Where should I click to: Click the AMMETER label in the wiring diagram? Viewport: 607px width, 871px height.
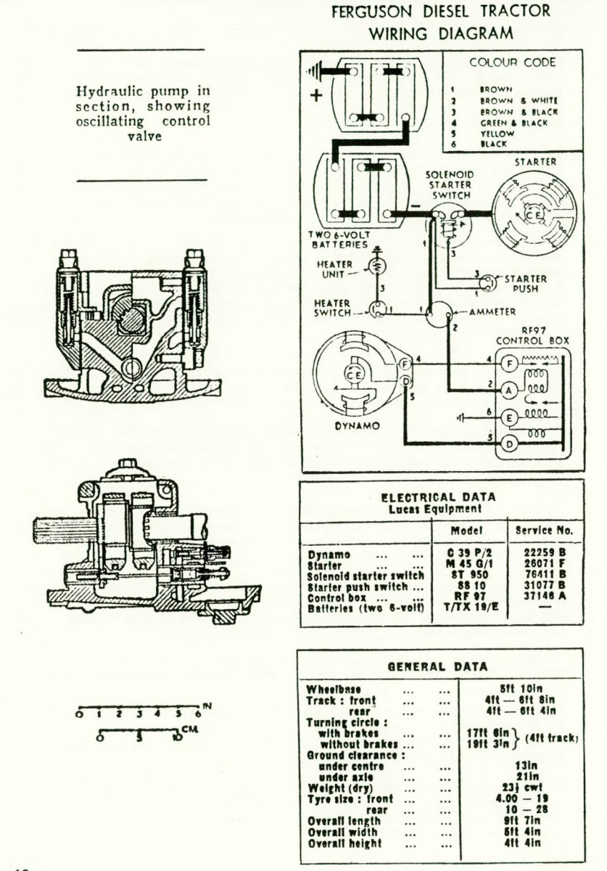pyautogui.click(x=493, y=311)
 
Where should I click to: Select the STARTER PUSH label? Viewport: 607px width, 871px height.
pyautogui.click(x=526, y=283)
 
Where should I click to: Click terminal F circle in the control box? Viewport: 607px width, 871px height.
pyautogui.click(x=510, y=361)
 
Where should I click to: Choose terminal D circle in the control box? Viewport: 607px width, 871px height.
pyautogui.click(x=510, y=443)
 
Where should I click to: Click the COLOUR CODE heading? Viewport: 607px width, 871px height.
pyautogui.click(x=512, y=62)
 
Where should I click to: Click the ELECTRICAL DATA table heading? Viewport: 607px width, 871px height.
pyautogui.click(x=439, y=497)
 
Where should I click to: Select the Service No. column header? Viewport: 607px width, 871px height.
pyautogui.click(x=544, y=531)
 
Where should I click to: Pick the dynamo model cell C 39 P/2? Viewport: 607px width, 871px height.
pyautogui.click(x=472, y=555)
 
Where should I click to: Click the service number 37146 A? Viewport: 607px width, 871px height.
pyautogui.click(x=544, y=597)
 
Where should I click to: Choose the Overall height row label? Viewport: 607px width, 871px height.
pyautogui.click(x=344, y=843)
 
